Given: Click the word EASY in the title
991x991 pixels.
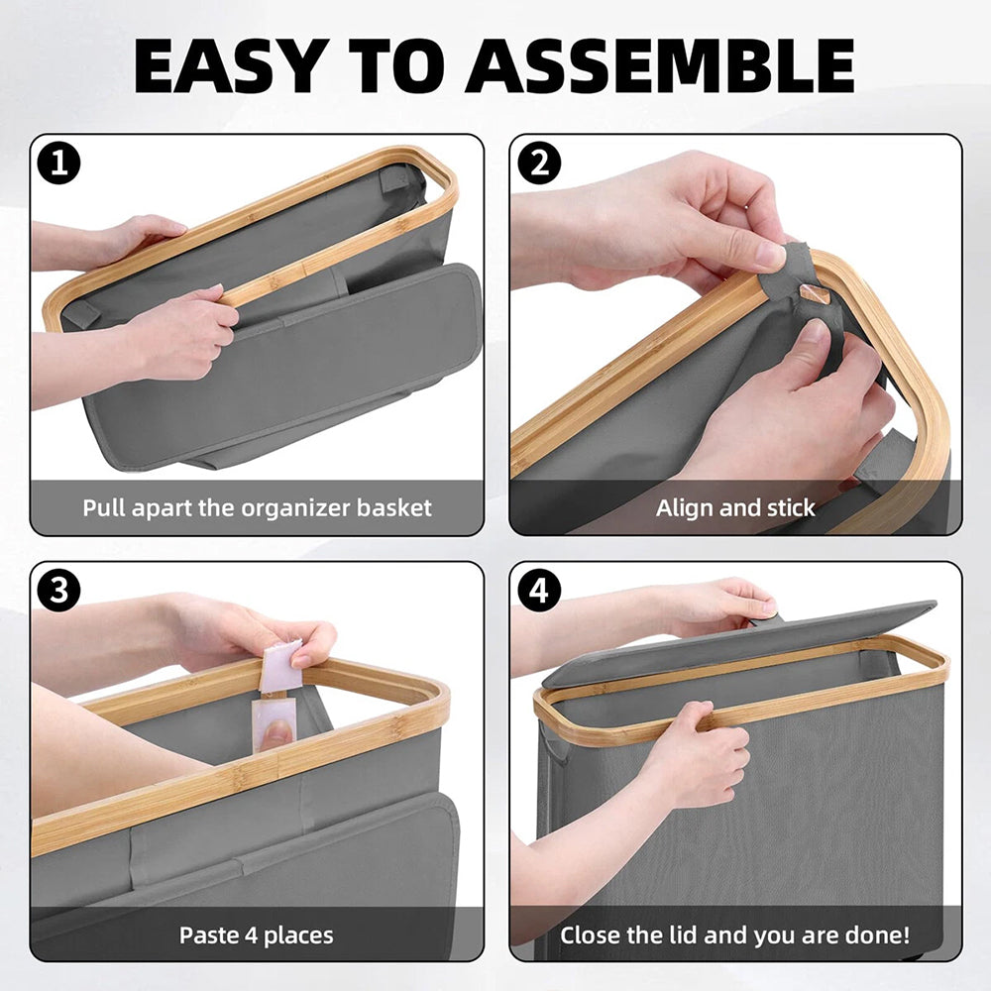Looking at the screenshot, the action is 231,65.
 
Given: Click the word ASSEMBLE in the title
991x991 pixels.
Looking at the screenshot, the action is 660,65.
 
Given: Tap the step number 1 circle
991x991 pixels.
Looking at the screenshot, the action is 58,164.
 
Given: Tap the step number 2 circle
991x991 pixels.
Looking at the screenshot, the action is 539,164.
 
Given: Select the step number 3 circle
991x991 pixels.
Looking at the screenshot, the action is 58,591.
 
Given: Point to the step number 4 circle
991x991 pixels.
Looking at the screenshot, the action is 539,591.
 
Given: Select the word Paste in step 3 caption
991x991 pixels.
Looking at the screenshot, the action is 208,935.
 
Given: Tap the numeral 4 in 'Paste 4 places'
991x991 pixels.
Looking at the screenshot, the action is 251,936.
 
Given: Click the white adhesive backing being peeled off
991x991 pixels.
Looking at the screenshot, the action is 280,666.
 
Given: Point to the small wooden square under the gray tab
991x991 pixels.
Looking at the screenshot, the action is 813,292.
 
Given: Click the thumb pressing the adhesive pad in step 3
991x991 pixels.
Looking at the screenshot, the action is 276,733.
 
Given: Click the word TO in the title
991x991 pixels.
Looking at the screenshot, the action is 396,65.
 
